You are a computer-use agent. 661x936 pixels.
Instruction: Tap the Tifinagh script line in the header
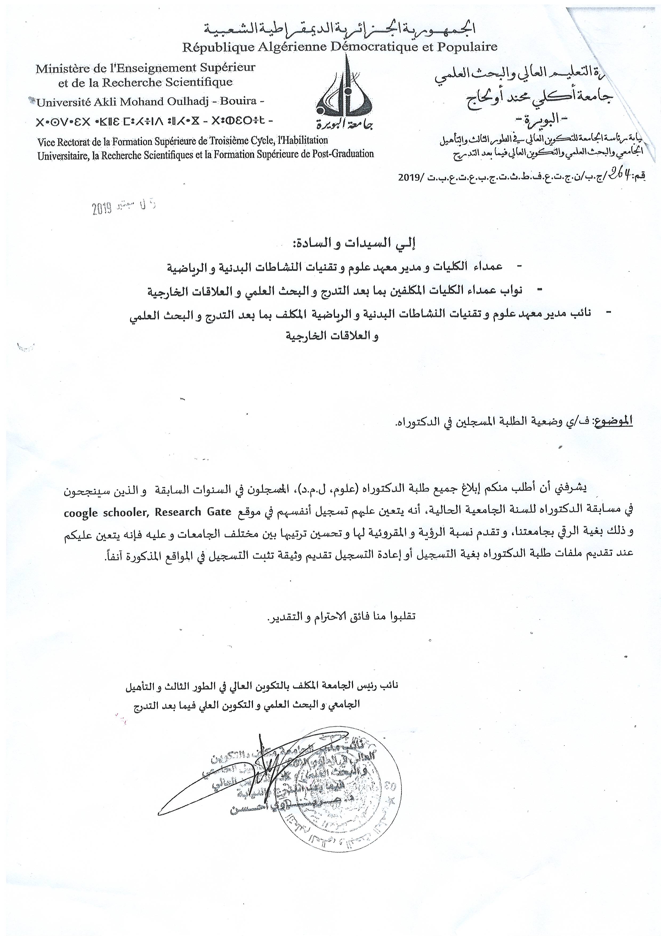pyautogui.click(x=155, y=121)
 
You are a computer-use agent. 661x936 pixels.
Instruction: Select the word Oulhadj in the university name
pyautogui.click(x=187, y=101)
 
